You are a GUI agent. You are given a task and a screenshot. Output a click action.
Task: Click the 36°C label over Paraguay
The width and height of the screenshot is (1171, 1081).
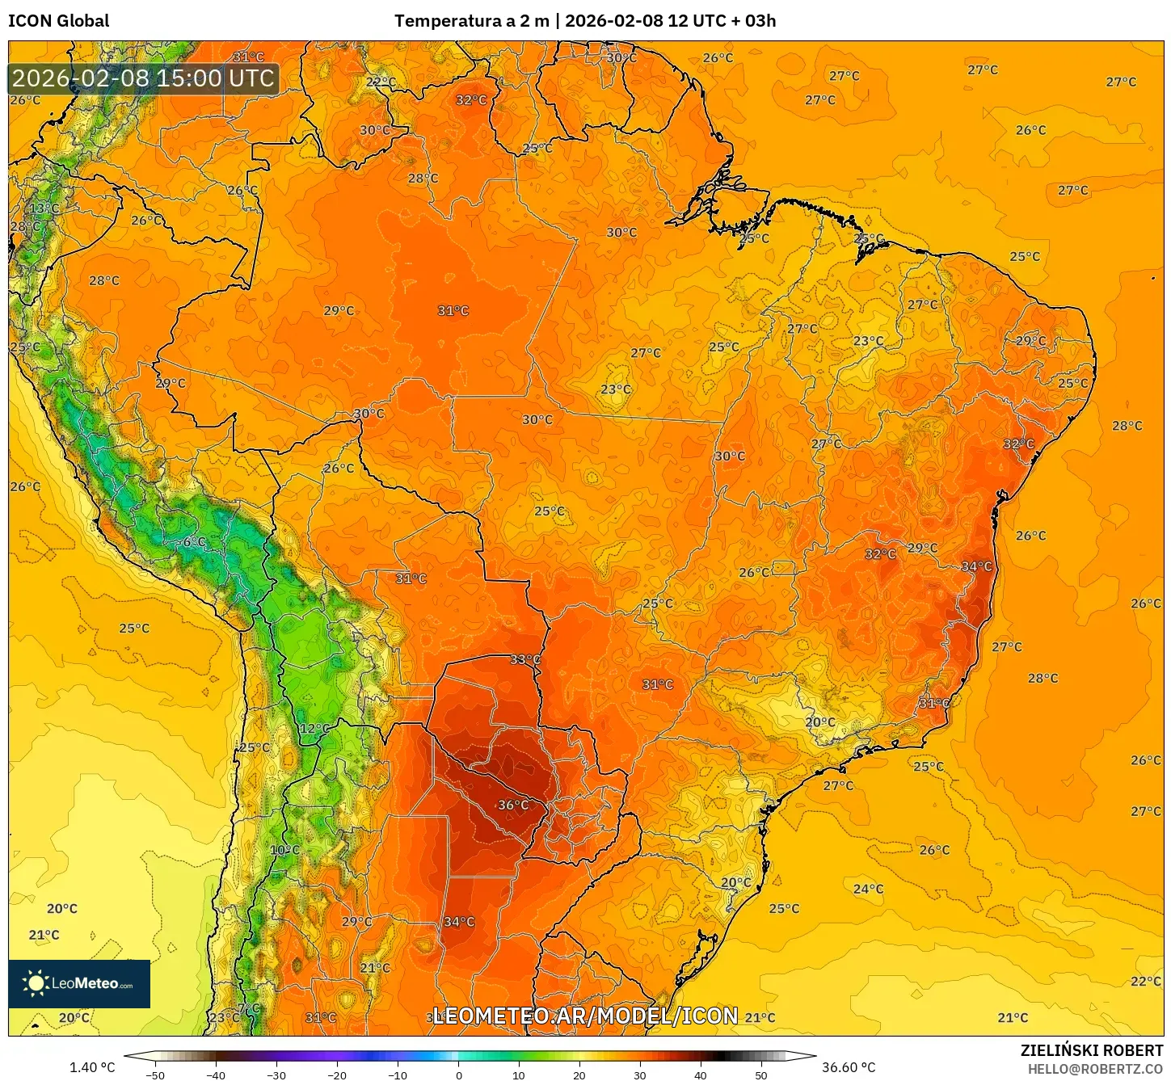click(513, 805)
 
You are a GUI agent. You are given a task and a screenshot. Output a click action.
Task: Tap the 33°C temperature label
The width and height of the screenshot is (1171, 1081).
click(525, 659)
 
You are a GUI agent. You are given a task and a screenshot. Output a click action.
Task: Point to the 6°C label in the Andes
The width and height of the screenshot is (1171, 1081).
click(194, 541)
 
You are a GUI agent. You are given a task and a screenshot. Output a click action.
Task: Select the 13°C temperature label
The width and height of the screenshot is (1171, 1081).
click(44, 208)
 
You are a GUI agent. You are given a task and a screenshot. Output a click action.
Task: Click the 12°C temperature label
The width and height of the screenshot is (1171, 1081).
click(314, 728)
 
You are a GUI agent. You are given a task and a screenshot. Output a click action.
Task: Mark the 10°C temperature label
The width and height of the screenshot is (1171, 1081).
click(284, 850)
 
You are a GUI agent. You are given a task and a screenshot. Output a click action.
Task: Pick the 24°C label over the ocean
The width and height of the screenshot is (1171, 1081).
click(868, 889)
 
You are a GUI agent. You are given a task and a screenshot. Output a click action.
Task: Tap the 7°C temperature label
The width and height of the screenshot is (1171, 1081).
click(250, 1008)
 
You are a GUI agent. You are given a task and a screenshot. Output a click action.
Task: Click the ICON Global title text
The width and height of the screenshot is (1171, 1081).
click(58, 21)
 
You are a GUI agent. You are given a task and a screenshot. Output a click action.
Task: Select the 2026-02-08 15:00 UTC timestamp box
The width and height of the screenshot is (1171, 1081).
click(143, 78)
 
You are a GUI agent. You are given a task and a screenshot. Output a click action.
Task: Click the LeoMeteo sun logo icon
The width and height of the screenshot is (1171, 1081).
click(36, 983)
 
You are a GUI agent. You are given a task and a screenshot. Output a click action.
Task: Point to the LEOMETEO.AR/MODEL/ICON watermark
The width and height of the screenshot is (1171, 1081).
click(585, 1016)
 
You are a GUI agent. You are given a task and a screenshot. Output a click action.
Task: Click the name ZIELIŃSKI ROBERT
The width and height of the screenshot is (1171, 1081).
click(1091, 1050)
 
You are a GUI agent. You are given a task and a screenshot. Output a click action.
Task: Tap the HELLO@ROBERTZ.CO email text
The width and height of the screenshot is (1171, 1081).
click(1095, 1069)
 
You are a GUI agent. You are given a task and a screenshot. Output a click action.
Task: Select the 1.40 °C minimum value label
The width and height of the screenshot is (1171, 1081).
click(92, 1067)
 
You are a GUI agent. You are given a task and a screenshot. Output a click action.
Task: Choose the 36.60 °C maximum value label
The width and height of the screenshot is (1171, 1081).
click(849, 1067)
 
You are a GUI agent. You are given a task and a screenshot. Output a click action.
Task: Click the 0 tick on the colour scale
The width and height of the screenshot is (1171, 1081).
click(458, 1075)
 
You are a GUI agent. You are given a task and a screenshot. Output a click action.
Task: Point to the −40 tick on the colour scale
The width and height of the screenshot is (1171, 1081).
click(215, 1075)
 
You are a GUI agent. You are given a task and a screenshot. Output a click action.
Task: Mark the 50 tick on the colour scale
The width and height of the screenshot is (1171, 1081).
click(761, 1075)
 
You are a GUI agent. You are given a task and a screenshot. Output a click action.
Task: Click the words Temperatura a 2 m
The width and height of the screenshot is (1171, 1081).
click(471, 21)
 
